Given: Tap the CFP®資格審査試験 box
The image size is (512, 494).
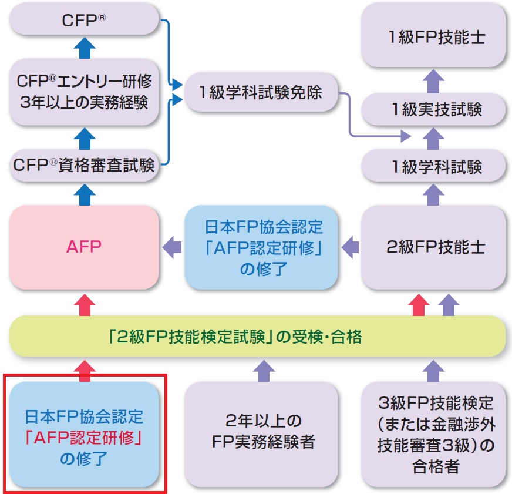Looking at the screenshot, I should click(x=84, y=165).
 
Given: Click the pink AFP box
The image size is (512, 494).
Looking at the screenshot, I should click(x=84, y=247).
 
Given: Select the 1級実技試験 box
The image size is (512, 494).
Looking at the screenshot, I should click(x=433, y=109).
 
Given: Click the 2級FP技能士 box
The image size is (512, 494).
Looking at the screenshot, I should click(x=433, y=247).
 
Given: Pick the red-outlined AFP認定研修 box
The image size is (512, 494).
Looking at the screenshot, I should click(x=84, y=433).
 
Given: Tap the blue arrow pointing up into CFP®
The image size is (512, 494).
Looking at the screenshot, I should click(x=84, y=46).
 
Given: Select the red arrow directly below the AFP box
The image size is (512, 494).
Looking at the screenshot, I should click(x=84, y=303).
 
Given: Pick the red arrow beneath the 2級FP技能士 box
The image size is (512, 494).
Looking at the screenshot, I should click(x=418, y=303).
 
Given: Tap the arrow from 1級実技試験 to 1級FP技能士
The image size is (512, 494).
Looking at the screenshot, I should click(x=433, y=80).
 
